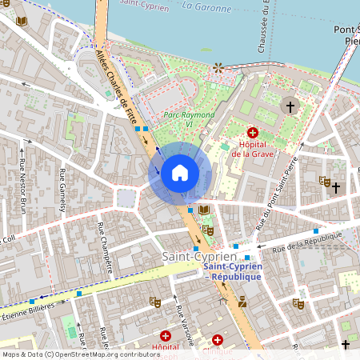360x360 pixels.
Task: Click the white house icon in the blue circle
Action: (x=180, y=173)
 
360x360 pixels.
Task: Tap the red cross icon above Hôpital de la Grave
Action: (x=254, y=133)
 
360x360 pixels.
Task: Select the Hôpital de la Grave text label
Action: (x=254, y=149)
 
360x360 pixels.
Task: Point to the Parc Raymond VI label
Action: (x=189, y=119)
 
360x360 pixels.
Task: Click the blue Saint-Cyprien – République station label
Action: (x=232, y=271)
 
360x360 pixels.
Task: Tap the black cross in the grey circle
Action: (x=290, y=105)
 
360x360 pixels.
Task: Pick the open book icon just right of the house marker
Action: (x=203, y=210)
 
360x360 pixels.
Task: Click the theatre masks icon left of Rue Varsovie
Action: (x=154, y=301)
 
